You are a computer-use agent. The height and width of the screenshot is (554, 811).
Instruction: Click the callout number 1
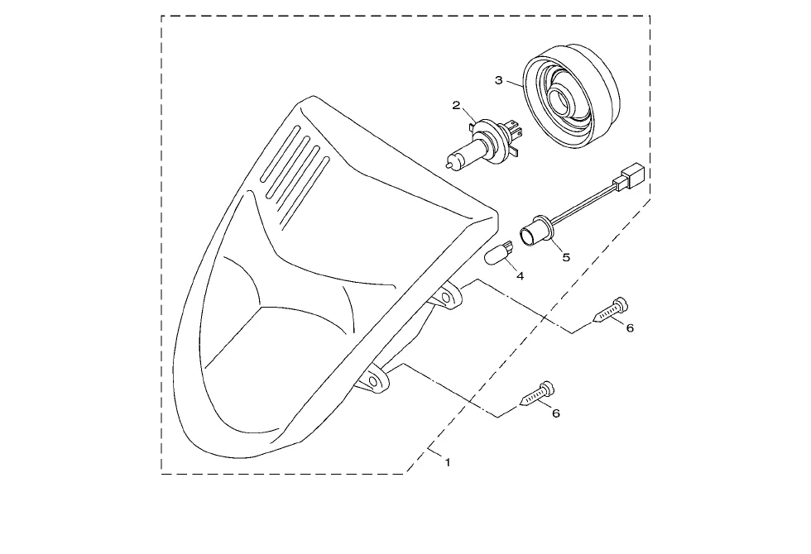(x=448, y=462)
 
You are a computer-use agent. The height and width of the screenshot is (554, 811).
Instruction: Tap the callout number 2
(x=456, y=105)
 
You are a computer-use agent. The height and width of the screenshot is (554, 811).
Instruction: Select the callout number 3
(x=498, y=80)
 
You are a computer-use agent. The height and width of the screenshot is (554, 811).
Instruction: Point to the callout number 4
(x=520, y=275)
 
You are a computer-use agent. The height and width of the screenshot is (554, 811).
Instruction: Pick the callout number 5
(x=566, y=257)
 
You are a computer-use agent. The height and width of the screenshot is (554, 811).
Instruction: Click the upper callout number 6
(x=630, y=328)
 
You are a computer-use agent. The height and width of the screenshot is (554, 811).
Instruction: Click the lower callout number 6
(x=555, y=413)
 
